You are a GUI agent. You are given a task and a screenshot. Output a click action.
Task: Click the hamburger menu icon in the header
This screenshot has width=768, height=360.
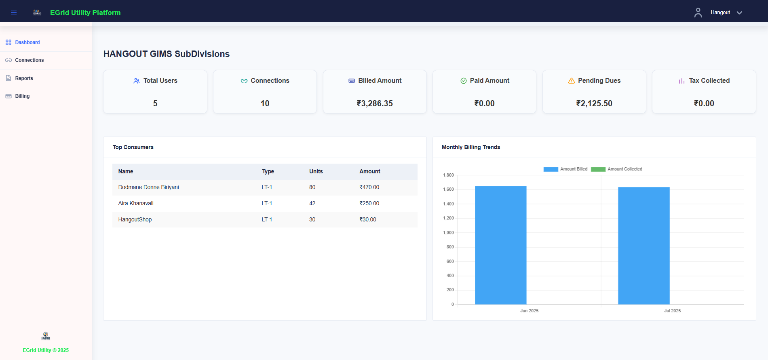(x=14, y=13)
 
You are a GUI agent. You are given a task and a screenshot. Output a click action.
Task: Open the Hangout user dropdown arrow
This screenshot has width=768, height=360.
(x=739, y=13)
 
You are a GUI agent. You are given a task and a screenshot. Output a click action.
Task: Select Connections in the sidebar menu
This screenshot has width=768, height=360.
(x=29, y=60)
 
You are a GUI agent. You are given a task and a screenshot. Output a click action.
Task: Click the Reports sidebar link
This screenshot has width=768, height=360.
(x=24, y=78)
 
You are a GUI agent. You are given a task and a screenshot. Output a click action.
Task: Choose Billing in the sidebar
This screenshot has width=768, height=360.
(x=22, y=96)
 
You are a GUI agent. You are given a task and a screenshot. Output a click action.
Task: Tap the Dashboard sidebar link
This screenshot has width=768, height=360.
(x=27, y=42)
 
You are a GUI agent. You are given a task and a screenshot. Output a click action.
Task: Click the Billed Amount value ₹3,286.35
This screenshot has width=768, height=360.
(x=375, y=103)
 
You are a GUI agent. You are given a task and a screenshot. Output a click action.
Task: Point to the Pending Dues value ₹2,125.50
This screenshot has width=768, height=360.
(x=594, y=103)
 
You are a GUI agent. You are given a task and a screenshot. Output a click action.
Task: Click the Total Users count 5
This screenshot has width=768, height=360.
(x=155, y=103)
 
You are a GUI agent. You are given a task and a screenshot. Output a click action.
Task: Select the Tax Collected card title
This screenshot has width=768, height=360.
(x=709, y=81)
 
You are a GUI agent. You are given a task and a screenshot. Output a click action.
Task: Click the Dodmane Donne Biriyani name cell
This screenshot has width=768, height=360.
(x=148, y=187)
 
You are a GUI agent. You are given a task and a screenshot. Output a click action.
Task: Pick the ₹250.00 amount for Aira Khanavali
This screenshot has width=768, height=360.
(x=369, y=204)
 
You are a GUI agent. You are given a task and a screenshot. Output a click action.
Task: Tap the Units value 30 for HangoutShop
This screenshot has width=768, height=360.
(x=312, y=220)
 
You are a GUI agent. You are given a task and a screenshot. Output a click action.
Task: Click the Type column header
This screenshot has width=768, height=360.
(x=268, y=172)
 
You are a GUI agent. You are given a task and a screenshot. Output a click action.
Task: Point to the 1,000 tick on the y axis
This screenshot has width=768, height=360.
(x=448, y=233)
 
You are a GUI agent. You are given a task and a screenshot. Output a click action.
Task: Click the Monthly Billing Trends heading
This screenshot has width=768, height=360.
(x=471, y=147)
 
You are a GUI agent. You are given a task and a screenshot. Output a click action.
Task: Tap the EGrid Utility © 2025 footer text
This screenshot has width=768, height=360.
(x=46, y=350)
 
